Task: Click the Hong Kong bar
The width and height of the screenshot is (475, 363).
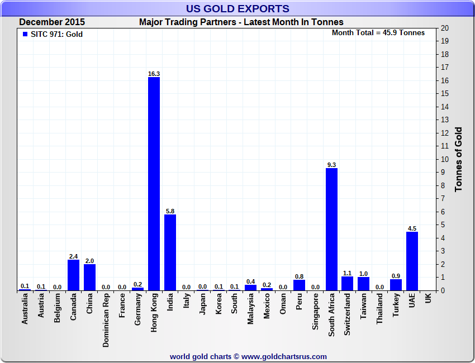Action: (154, 184)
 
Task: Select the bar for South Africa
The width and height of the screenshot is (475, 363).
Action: (331, 229)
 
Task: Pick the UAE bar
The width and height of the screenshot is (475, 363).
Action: (412, 261)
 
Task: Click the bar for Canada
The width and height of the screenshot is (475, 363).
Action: (73, 275)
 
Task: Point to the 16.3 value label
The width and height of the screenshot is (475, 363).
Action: (154, 74)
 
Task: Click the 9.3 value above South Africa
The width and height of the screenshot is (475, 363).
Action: (331, 165)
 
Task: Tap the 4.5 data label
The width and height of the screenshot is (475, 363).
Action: (412, 228)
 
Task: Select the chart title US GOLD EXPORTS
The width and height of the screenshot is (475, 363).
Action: (237, 8)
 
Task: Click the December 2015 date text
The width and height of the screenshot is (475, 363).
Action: (52, 22)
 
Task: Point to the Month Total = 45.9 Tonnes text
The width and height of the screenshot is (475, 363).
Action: (378, 32)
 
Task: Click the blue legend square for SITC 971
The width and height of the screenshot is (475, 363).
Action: (25, 34)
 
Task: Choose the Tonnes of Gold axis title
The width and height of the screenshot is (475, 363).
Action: (458, 159)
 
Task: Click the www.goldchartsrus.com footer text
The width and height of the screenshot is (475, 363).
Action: (284, 356)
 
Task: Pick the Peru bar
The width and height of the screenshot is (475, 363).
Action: (299, 285)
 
